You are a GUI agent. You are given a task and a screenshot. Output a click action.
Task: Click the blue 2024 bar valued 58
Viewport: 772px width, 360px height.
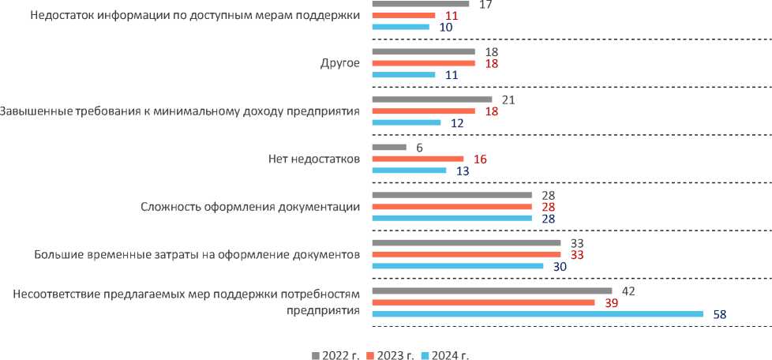coord(537,314)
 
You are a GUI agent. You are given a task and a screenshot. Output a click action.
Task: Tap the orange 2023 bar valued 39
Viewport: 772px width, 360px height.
coord(482,302)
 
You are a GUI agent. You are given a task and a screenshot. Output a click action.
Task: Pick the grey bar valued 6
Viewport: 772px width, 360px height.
coord(388,147)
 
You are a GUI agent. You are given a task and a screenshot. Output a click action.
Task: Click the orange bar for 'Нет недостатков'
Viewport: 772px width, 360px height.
coord(417,159)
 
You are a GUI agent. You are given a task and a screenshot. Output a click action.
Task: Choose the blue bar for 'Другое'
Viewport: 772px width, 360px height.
coord(403,75)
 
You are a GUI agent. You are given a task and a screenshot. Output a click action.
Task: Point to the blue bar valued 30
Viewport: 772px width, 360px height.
coord(457,266)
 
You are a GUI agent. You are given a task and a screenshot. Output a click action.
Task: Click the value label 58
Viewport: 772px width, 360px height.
coord(719,314)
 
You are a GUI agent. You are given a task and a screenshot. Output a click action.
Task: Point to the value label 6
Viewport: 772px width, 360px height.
coord(420,147)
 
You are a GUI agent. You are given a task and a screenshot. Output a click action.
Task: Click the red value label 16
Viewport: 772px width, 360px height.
coord(480,159)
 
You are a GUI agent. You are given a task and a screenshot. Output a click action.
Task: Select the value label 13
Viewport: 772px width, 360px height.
coord(463,171)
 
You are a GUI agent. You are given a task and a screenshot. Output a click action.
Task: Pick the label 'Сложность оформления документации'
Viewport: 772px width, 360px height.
coord(250,207)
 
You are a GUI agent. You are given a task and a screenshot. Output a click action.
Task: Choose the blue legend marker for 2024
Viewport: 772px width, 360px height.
coord(427,354)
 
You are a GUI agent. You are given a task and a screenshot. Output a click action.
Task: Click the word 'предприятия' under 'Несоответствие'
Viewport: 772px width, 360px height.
coord(324,309)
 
